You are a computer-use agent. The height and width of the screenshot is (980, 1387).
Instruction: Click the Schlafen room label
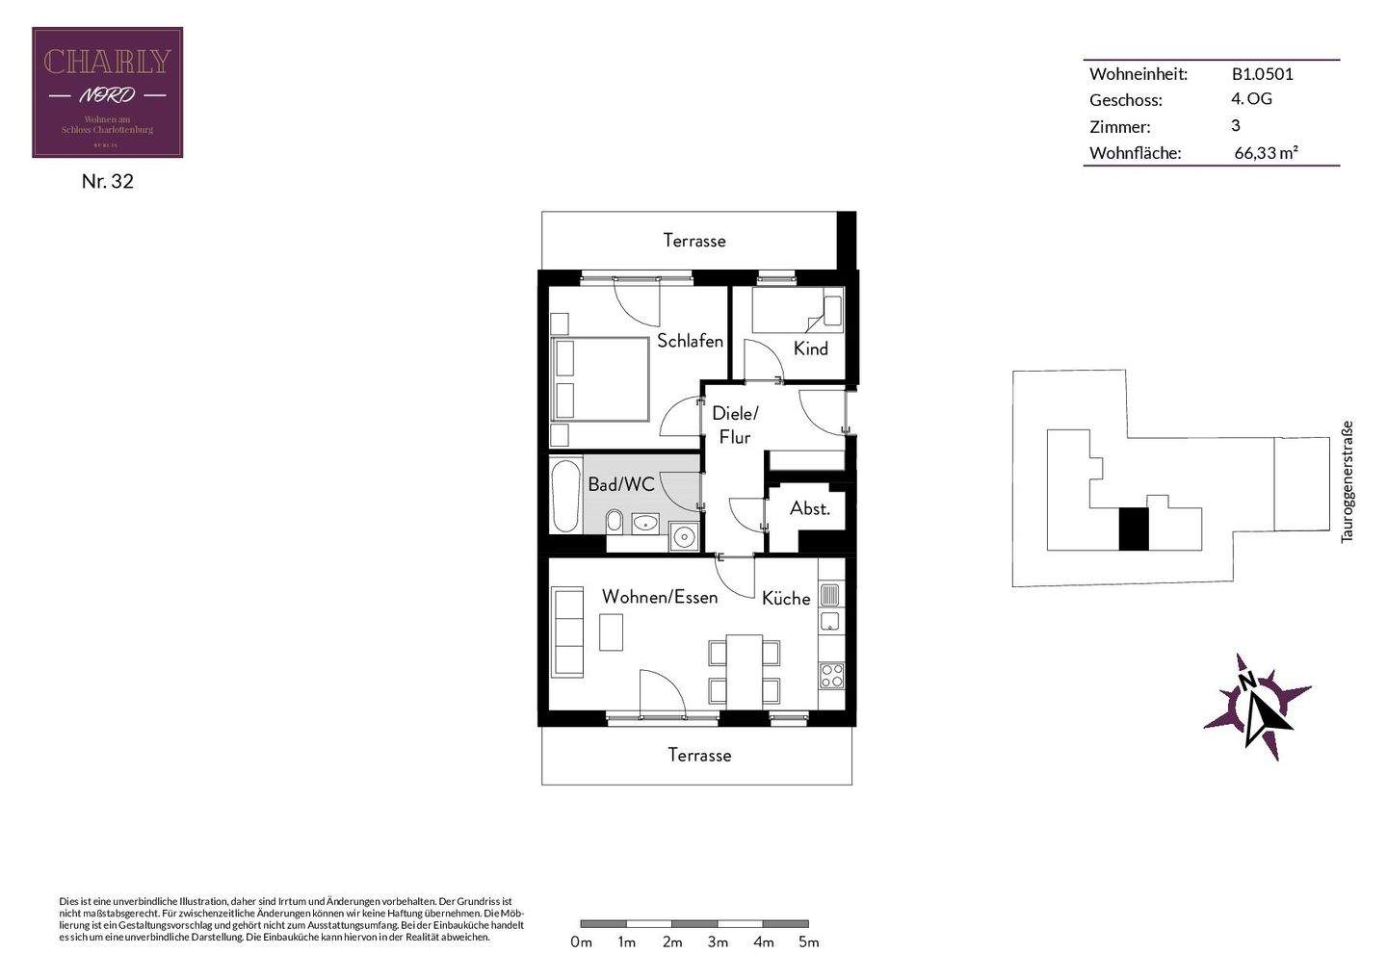coord(690,341)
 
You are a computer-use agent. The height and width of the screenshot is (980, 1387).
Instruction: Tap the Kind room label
coord(810,348)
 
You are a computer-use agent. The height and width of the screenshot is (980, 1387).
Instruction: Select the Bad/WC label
coord(620,484)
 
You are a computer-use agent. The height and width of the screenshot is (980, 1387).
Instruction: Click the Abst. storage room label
coord(809,508)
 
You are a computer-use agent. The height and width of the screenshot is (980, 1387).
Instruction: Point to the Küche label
coord(786,599)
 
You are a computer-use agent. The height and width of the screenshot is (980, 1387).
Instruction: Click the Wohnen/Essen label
coord(659,597)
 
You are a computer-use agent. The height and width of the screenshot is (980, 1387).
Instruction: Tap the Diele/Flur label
coord(735,425)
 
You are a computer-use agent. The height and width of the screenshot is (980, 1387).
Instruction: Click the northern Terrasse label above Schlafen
coord(693,241)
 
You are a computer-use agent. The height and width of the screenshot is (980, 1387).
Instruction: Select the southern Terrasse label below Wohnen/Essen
coord(699,756)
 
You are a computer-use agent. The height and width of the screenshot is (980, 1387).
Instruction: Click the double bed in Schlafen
coord(599,378)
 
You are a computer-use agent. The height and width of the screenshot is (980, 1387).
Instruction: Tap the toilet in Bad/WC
coord(614,522)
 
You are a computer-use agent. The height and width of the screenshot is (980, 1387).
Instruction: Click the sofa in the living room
coord(567,632)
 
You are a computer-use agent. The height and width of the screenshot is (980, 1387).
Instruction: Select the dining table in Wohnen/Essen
coord(744,670)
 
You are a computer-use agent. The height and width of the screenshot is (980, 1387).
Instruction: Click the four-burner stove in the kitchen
coord(830,675)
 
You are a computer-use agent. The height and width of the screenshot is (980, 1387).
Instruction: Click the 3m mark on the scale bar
coord(718,942)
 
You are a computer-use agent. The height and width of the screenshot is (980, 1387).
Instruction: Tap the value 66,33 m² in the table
coord(1266,152)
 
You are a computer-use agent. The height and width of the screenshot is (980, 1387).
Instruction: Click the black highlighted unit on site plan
coord(1134,529)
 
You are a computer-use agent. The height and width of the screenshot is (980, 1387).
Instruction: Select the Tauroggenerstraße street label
coord(1348,481)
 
